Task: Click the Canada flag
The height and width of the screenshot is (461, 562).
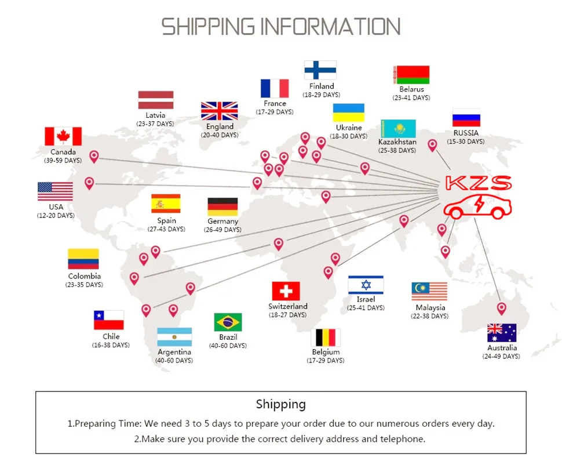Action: [x=63, y=136]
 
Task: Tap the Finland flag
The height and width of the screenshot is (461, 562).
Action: [x=320, y=70]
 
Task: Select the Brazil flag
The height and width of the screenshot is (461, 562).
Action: [x=228, y=322]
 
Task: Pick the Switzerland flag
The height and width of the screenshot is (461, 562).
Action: [x=286, y=291]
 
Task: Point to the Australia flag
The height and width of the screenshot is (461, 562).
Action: [x=502, y=333]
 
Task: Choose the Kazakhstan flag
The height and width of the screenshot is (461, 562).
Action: [x=397, y=129]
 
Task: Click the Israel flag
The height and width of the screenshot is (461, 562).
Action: [x=366, y=285]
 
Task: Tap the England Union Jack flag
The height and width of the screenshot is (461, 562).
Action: [x=220, y=111]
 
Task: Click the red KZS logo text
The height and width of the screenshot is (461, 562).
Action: [x=479, y=184]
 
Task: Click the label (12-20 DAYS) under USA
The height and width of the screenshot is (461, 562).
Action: [x=56, y=216]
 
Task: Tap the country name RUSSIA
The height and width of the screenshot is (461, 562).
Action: [x=466, y=133]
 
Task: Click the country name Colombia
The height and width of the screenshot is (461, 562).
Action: [x=85, y=276]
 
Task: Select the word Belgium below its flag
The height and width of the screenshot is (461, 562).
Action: [x=325, y=352]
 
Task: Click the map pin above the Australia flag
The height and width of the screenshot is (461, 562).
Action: [x=502, y=308]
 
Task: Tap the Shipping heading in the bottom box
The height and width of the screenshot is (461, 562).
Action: [x=280, y=404]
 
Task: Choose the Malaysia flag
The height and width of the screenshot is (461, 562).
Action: [x=429, y=292]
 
